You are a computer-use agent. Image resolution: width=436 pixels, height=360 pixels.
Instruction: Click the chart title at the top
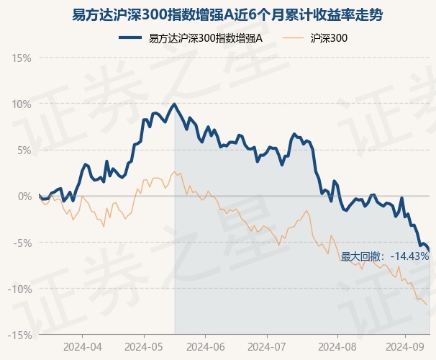pos(217,14)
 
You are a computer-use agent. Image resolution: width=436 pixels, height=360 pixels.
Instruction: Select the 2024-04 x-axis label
pos(82,346)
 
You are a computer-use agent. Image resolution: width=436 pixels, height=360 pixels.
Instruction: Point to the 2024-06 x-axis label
pos(206,346)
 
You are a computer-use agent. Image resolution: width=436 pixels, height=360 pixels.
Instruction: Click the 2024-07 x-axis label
pos(267,346)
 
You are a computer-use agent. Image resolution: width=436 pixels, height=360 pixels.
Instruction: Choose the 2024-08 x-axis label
pos(329,346)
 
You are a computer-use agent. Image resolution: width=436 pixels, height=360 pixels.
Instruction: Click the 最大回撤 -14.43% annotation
pos(384,256)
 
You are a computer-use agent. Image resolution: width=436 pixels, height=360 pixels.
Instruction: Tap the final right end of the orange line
pos(427,305)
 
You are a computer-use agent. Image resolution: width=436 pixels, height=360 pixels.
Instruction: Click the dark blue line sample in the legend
pos(131,38)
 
